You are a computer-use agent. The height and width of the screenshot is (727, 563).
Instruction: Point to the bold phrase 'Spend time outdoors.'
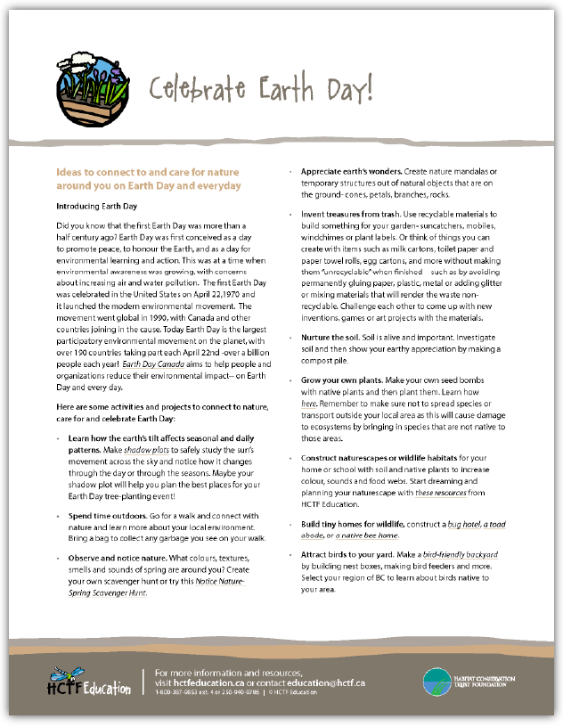107,516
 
